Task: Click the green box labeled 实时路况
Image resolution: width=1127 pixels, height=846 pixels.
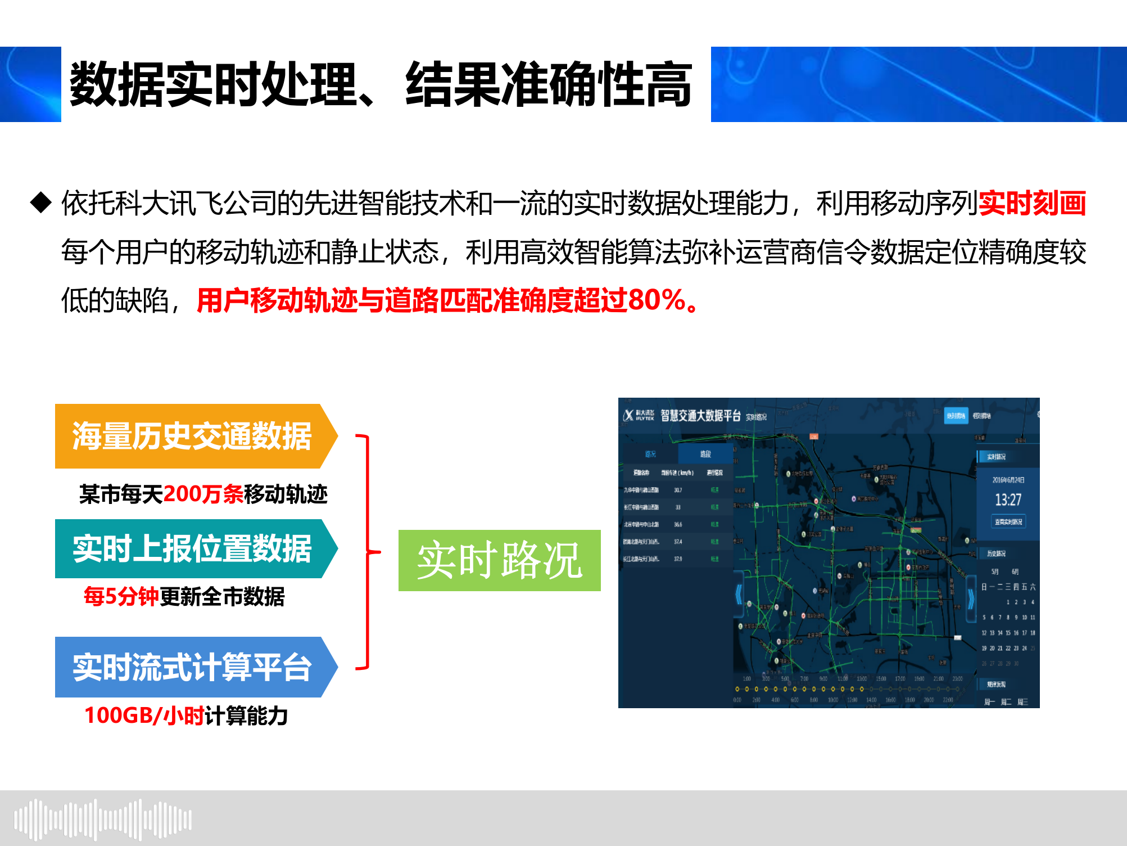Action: [x=499, y=560]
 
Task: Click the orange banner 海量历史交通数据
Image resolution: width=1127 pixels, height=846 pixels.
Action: [x=192, y=436]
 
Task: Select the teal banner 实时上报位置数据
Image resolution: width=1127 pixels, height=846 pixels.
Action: [x=192, y=548]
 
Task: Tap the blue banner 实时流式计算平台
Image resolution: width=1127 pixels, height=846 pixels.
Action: [x=192, y=667]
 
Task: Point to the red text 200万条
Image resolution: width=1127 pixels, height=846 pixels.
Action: [x=203, y=494]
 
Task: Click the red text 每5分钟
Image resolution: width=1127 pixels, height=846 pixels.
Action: [x=121, y=596]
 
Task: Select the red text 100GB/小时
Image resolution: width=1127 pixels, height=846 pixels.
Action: [x=144, y=715]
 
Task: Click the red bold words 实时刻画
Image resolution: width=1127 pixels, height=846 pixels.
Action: [x=1032, y=203]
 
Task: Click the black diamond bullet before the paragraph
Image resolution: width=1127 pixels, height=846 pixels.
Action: [x=41, y=202]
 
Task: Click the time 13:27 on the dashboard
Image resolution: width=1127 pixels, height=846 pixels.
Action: [x=1008, y=499]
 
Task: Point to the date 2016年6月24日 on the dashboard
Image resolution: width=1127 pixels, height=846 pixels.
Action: [x=1008, y=480]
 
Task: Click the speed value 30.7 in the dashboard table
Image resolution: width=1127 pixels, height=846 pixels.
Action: [x=678, y=490]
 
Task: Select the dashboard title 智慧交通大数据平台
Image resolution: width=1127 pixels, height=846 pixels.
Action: [x=700, y=416]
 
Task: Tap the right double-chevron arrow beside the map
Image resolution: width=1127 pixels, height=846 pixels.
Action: [x=971, y=599]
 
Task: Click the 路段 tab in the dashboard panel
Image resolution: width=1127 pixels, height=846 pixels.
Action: [x=705, y=454]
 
